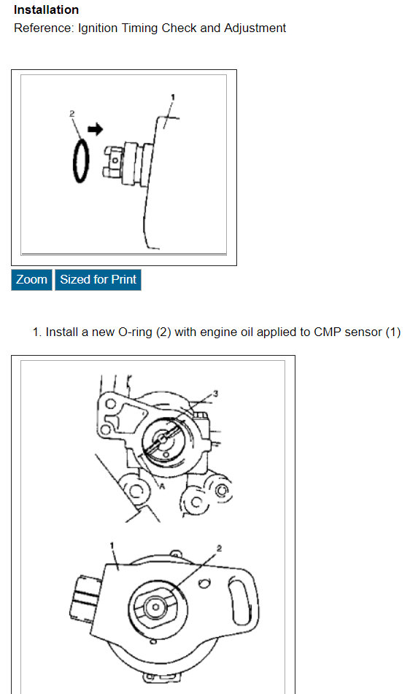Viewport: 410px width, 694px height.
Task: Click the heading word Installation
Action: (x=47, y=9)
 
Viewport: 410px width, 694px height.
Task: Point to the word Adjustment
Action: (x=255, y=28)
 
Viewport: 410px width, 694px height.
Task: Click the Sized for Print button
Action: (x=98, y=280)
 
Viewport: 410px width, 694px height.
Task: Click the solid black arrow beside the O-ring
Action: (x=95, y=129)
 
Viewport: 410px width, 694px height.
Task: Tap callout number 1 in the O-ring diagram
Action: (x=173, y=98)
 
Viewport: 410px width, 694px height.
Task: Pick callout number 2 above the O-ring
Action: (x=72, y=114)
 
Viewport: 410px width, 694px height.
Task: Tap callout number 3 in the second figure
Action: (x=216, y=394)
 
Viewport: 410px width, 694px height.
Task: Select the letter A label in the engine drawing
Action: (x=162, y=486)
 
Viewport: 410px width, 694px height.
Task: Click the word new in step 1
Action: (x=103, y=332)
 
